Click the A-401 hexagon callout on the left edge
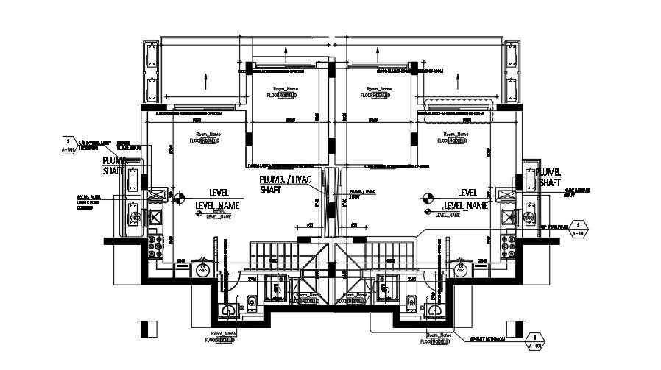[67, 144]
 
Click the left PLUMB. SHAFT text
[115, 165]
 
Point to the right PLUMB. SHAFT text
[551, 177]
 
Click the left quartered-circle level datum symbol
[178, 196]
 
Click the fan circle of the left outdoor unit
[134, 218]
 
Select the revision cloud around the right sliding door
[455, 113]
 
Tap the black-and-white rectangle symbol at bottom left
[147, 330]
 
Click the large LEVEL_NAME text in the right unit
[467, 206]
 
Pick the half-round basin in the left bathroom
[230, 309]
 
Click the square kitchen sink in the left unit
[155, 218]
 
